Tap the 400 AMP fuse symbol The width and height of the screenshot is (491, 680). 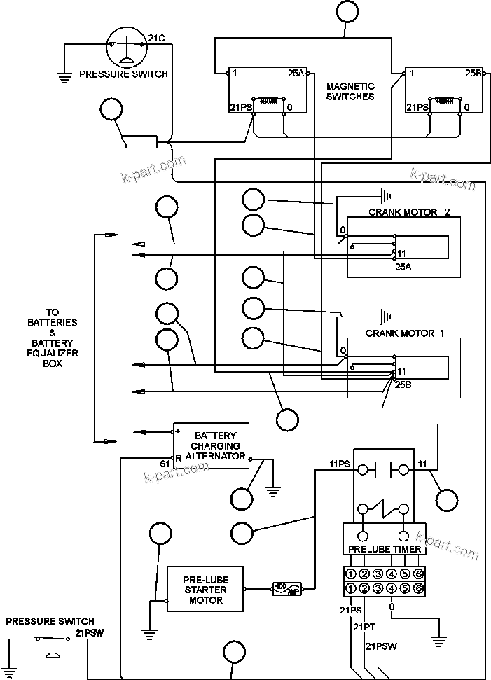click(287, 588)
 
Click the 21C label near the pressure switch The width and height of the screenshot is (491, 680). click(156, 37)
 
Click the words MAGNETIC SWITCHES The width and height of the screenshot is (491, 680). click(350, 91)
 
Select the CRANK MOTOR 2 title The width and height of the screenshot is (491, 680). click(409, 212)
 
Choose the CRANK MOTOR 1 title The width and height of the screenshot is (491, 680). click(405, 333)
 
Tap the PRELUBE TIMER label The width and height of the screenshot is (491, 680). click(385, 549)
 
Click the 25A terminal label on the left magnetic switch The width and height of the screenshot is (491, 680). click(296, 73)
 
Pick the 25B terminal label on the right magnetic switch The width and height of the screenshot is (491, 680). click(473, 73)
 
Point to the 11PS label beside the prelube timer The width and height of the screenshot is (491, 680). click(340, 464)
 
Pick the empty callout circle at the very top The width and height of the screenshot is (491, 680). click(346, 11)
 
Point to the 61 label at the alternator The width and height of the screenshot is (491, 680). click(165, 464)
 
